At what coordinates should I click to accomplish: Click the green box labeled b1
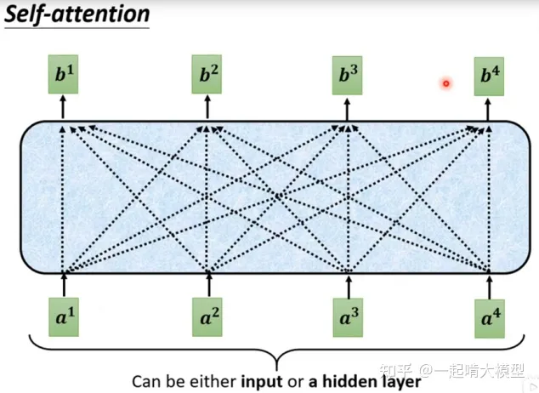64,77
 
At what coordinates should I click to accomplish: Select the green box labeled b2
208,77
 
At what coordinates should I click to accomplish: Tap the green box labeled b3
348,77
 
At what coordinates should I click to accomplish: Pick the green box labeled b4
489,77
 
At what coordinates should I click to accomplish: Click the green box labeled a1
64,317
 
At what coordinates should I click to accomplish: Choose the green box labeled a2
208,317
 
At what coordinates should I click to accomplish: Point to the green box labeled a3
348,317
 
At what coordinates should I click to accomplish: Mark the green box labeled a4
489,317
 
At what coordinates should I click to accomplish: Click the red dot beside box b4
445,83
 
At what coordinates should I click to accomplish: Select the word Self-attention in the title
77,14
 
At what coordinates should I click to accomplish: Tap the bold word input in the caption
264,380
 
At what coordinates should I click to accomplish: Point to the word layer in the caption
401,380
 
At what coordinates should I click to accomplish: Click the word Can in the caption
146,380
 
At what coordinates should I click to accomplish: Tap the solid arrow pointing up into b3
348,108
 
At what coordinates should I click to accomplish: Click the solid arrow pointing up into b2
208,108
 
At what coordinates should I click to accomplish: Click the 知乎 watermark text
394,371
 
